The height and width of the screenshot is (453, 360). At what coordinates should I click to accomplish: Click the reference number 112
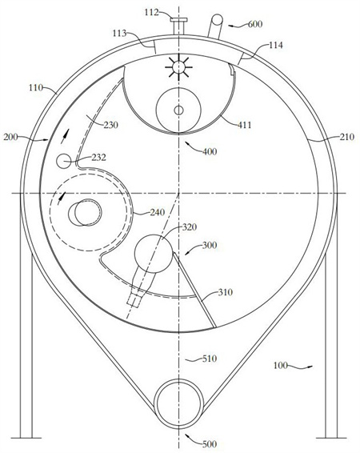pos(152,13)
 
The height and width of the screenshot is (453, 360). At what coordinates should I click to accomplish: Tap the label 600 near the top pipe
pos(255,24)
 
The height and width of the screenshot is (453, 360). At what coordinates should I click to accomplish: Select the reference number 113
pos(119,34)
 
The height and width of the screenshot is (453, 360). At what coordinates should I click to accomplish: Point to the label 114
pos(276,46)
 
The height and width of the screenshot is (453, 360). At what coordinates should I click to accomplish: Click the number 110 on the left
pos(36,87)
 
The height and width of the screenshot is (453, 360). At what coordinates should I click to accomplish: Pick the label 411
pos(244,125)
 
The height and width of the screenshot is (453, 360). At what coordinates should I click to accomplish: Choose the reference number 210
pos(346,137)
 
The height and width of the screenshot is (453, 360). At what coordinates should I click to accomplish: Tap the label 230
pos(111,125)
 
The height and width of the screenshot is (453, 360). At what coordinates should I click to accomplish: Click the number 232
pos(98,158)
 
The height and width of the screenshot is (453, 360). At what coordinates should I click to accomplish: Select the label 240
pos(158,212)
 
